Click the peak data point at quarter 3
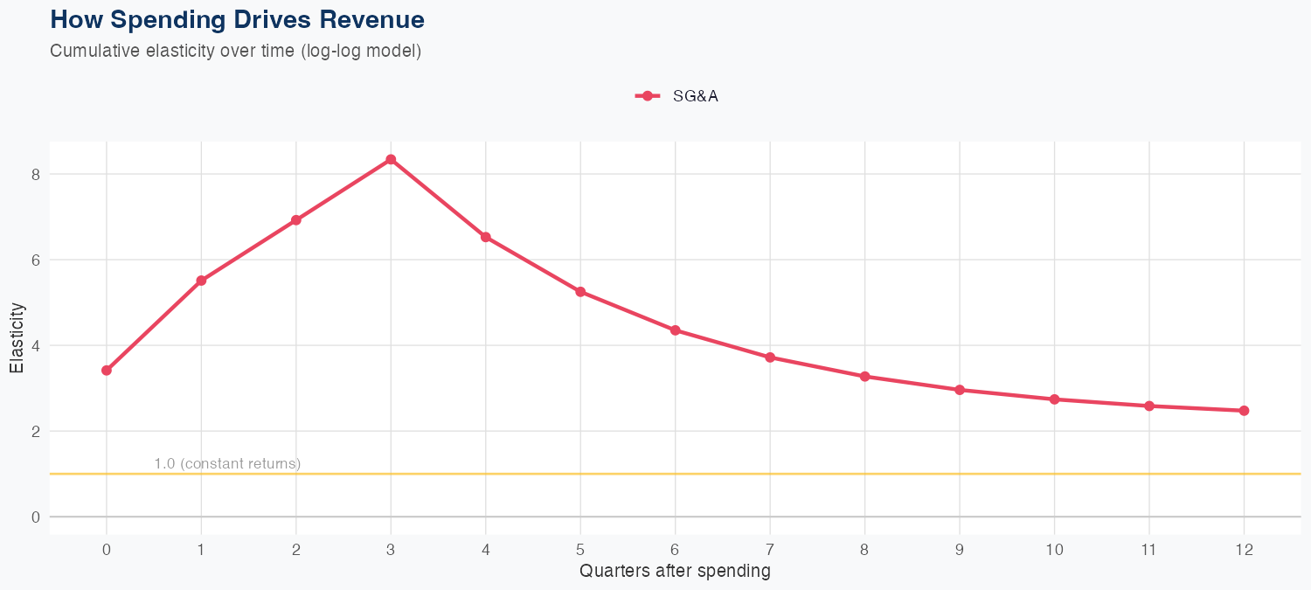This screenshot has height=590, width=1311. point(391,159)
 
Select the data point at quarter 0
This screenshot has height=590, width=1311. point(107,371)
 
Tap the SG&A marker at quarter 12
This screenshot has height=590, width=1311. point(1244,411)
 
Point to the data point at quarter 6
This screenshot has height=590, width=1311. point(675,330)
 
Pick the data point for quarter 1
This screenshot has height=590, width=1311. point(201,281)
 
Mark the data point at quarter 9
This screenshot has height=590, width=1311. point(960,390)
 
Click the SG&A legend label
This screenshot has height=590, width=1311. point(695,96)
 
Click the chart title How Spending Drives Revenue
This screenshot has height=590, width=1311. point(238,19)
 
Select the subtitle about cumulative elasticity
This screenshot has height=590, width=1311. point(236,51)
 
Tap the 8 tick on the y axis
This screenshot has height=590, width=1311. point(36,174)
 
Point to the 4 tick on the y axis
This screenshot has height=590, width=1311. point(36,345)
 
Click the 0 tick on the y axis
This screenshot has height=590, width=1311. point(36,517)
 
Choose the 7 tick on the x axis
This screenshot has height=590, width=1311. point(770,550)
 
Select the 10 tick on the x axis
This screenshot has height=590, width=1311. point(1054,550)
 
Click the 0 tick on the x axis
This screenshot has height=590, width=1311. point(107,550)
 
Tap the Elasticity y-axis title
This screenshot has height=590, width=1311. point(17,337)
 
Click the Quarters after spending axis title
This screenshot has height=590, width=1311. point(675,572)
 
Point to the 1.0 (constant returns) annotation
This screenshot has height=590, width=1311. point(227,463)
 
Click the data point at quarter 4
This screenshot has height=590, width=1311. point(485,237)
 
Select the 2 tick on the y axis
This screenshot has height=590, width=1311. point(36,431)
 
